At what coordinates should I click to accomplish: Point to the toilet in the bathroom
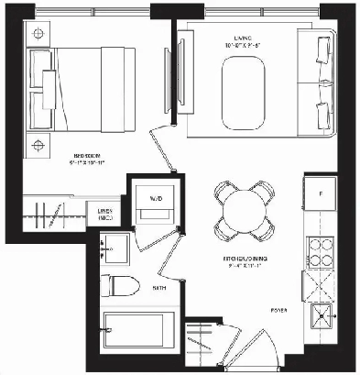120,284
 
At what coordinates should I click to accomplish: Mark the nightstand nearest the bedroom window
38,33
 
